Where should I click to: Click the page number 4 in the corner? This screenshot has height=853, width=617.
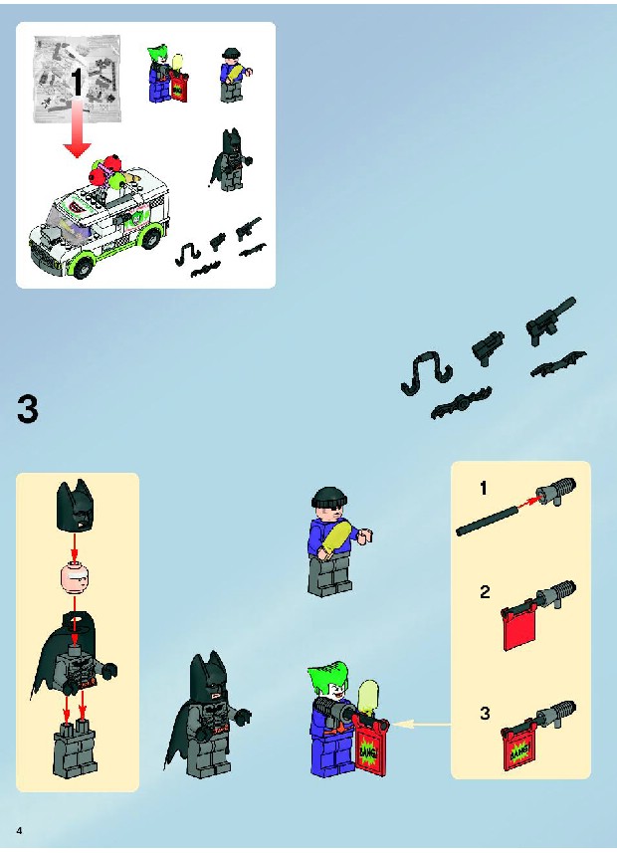20,830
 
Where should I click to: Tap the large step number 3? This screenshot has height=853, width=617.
28,409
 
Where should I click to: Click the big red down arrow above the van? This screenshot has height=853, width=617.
77,127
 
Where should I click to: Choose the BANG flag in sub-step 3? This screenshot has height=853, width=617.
519,748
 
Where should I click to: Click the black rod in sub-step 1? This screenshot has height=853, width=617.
487,521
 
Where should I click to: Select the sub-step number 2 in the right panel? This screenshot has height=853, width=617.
485,591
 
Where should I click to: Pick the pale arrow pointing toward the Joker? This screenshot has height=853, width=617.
421,724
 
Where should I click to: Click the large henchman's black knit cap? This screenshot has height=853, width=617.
329,498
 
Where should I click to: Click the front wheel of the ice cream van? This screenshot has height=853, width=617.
84,265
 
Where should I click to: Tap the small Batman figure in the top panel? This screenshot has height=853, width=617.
230,160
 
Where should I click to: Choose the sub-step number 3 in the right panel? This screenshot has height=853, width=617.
485,714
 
